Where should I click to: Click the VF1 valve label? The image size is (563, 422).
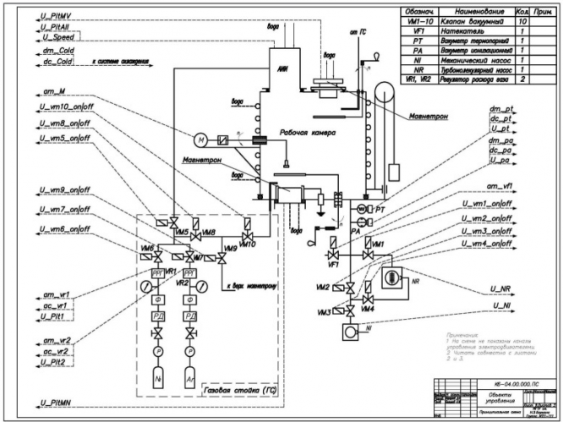pyautogui.click(x=333, y=265)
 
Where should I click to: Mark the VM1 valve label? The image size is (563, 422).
pyautogui.click(x=378, y=244)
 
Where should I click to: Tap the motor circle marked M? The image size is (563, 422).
pyautogui.click(x=201, y=139)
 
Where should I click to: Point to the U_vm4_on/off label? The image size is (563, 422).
pyautogui.click(x=483, y=244)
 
